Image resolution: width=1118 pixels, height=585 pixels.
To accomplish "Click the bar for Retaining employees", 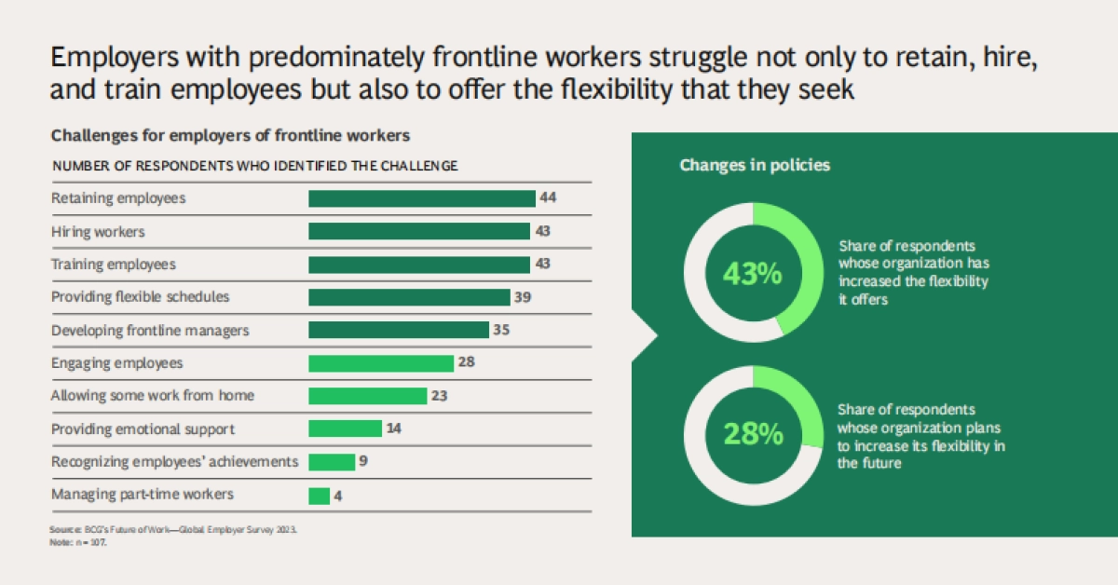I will pos(421,198).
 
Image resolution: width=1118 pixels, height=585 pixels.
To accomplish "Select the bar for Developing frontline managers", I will pos(398,330).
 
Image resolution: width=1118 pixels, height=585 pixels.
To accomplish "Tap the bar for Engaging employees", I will pos(380,363).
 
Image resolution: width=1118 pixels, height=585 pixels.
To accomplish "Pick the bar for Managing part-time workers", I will pos(319,496).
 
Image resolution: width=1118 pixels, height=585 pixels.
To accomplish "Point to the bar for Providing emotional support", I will pos(345,429).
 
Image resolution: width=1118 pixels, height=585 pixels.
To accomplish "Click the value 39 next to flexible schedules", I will pos(525,297).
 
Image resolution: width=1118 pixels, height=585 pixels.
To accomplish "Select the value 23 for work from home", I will pos(440,396).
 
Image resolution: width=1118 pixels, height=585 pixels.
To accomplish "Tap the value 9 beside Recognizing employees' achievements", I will pos(363,462).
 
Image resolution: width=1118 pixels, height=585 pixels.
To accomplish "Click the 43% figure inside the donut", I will pos(754,274).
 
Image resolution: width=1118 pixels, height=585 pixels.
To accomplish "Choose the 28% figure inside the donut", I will pos(754,433).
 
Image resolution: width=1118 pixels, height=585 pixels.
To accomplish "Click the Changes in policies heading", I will pos(755,166).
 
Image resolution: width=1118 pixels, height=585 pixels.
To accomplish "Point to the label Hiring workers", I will pos(98,231).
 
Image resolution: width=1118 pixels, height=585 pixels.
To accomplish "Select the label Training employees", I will pos(113,265).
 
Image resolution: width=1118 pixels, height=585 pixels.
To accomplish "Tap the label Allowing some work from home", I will pos(153,396).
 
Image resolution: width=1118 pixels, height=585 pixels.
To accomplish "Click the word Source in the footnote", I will pos(62,529).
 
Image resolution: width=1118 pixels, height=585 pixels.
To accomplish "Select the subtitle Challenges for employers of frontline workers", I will pos(230,135).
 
